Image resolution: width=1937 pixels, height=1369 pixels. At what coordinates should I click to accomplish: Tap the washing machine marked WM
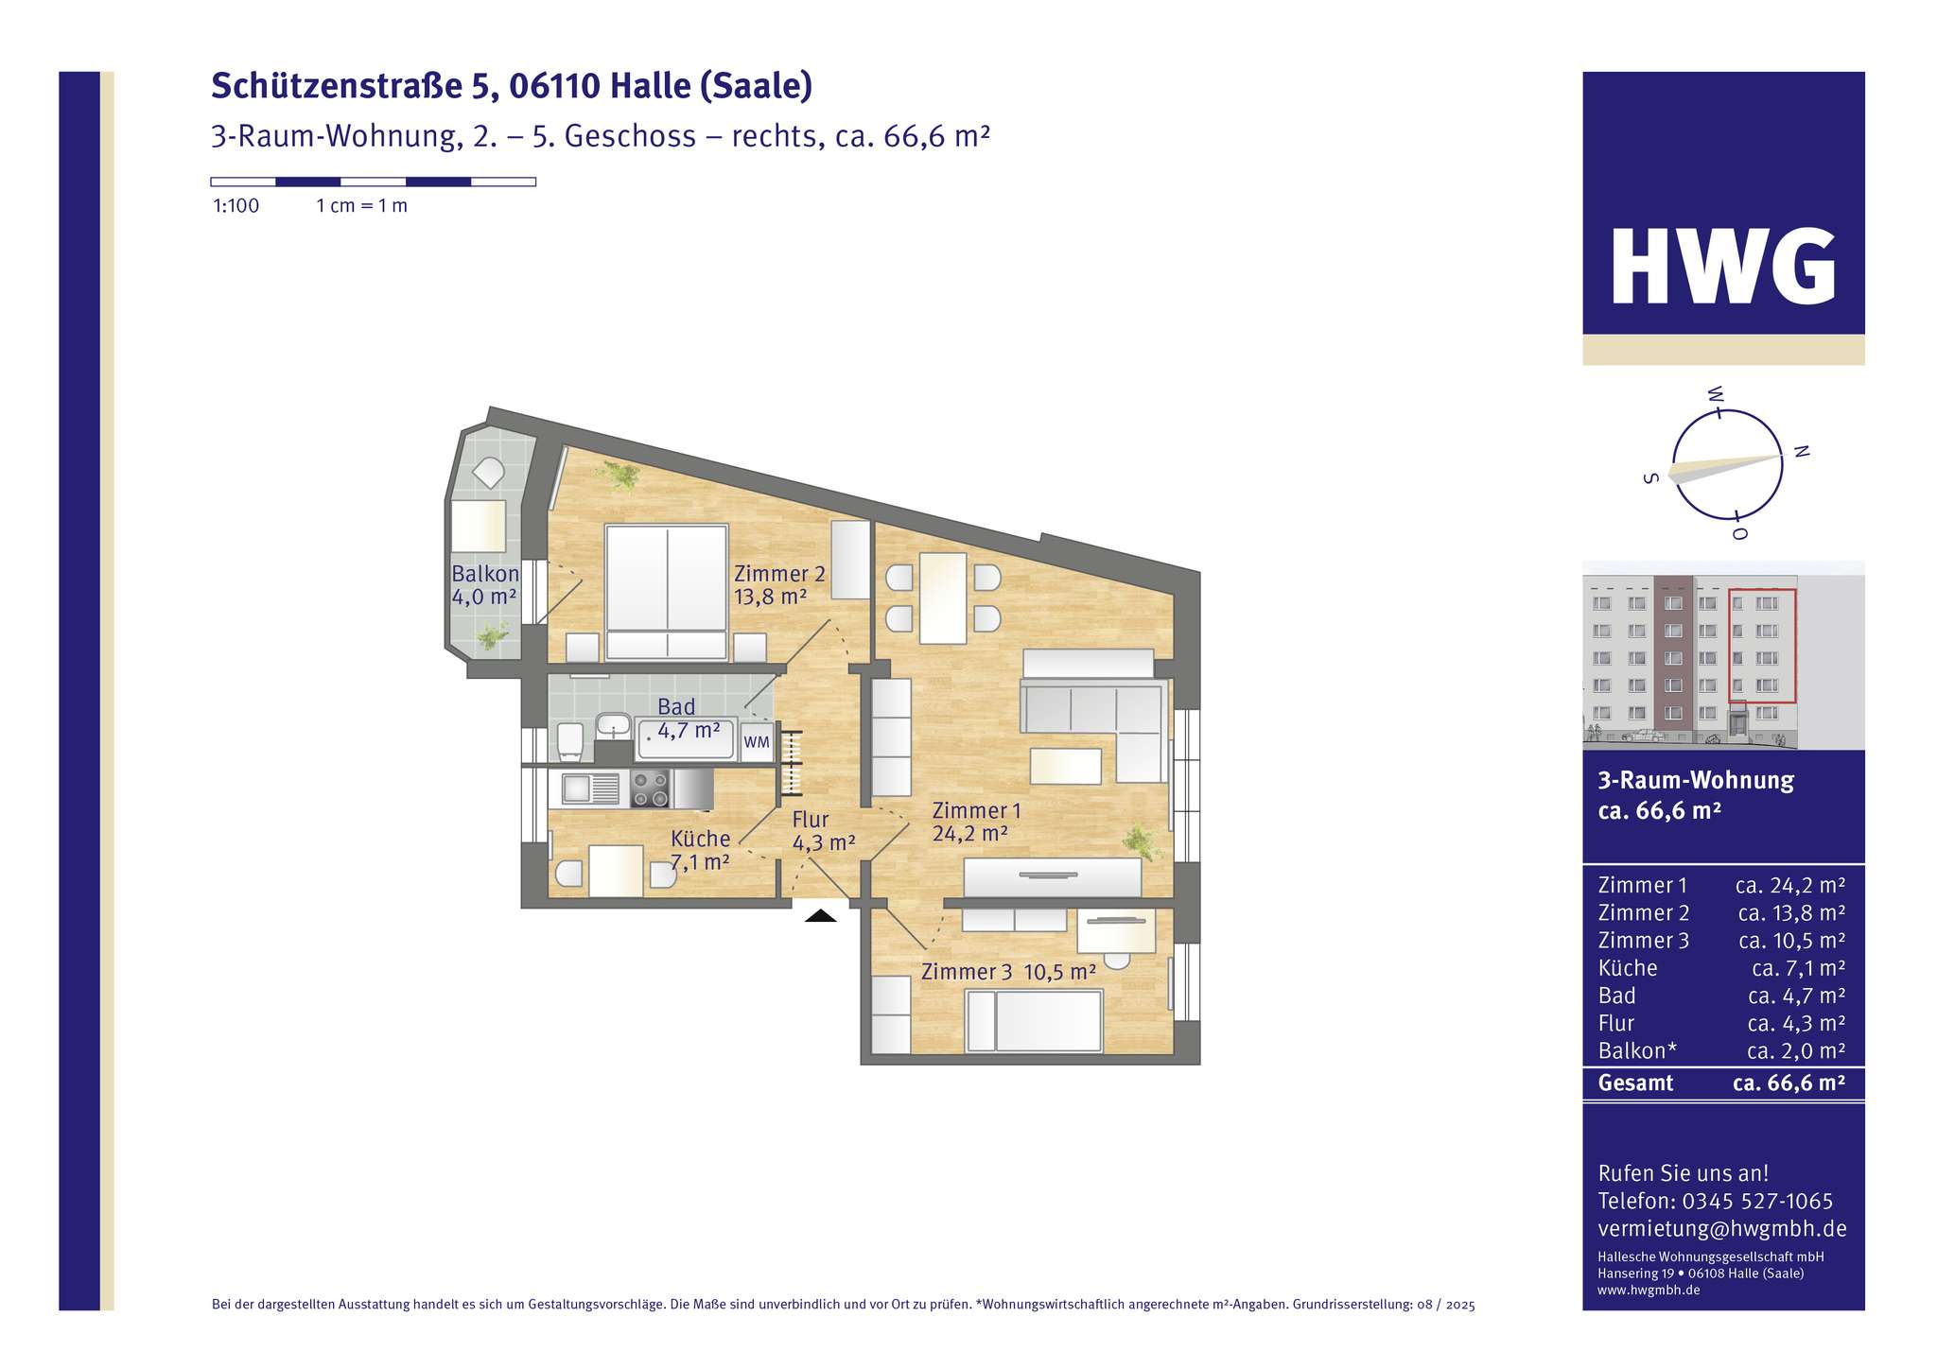click(757, 742)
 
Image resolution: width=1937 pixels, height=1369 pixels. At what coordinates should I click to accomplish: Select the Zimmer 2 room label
click(779, 574)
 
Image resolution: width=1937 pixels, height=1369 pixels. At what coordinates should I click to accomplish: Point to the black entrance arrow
click(820, 915)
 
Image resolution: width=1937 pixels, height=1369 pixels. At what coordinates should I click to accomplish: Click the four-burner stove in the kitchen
click(650, 788)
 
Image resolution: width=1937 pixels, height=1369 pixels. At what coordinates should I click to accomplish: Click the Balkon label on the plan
click(485, 574)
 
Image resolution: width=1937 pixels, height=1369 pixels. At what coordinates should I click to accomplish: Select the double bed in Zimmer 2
click(667, 591)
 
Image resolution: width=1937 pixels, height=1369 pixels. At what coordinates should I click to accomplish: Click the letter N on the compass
click(1802, 452)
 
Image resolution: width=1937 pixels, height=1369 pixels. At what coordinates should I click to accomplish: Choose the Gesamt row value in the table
click(1789, 1083)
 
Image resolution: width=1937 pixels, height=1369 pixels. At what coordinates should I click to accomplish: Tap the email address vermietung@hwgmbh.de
click(1721, 1228)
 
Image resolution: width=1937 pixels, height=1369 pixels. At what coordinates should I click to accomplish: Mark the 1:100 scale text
click(236, 206)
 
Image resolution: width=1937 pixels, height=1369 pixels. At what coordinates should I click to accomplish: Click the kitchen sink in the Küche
click(589, 788)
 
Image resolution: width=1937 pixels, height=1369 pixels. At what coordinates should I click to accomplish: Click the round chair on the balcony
click(489, 472)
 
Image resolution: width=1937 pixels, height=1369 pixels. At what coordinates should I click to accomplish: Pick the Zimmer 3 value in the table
click(1791, 941)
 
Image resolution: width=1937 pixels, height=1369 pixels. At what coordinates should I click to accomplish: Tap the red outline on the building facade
click(1762, 646)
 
